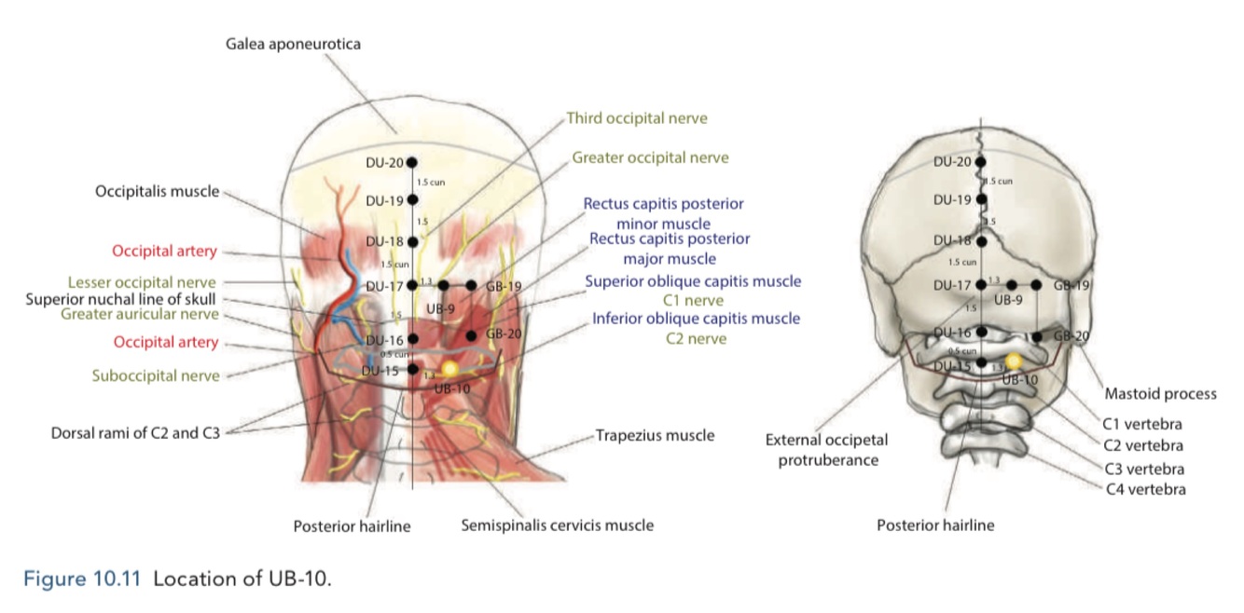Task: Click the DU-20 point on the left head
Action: (413, 162)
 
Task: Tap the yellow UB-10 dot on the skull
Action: (1014, 361)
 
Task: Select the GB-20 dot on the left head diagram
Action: (471, 335)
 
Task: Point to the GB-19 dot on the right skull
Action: (1036, 285)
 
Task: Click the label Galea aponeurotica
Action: (293, 44)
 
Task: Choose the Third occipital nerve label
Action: (637, 118)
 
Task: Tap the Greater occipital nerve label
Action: (650, 157)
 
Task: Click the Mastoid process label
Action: (1160, 393)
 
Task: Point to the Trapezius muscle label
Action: (655, 435)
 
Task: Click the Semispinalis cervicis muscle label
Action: (557, 525)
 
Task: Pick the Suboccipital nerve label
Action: (156, 375)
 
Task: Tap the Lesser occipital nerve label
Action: (142, 281)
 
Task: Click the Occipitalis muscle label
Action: (157, 192)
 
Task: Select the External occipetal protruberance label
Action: (826, 449)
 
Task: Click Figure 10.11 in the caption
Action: (82, 578)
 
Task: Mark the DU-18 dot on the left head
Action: (413, 241)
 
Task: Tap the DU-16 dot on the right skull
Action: (981, 332)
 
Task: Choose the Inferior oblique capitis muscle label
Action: (696, 319)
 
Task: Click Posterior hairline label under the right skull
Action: (935, 525)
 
